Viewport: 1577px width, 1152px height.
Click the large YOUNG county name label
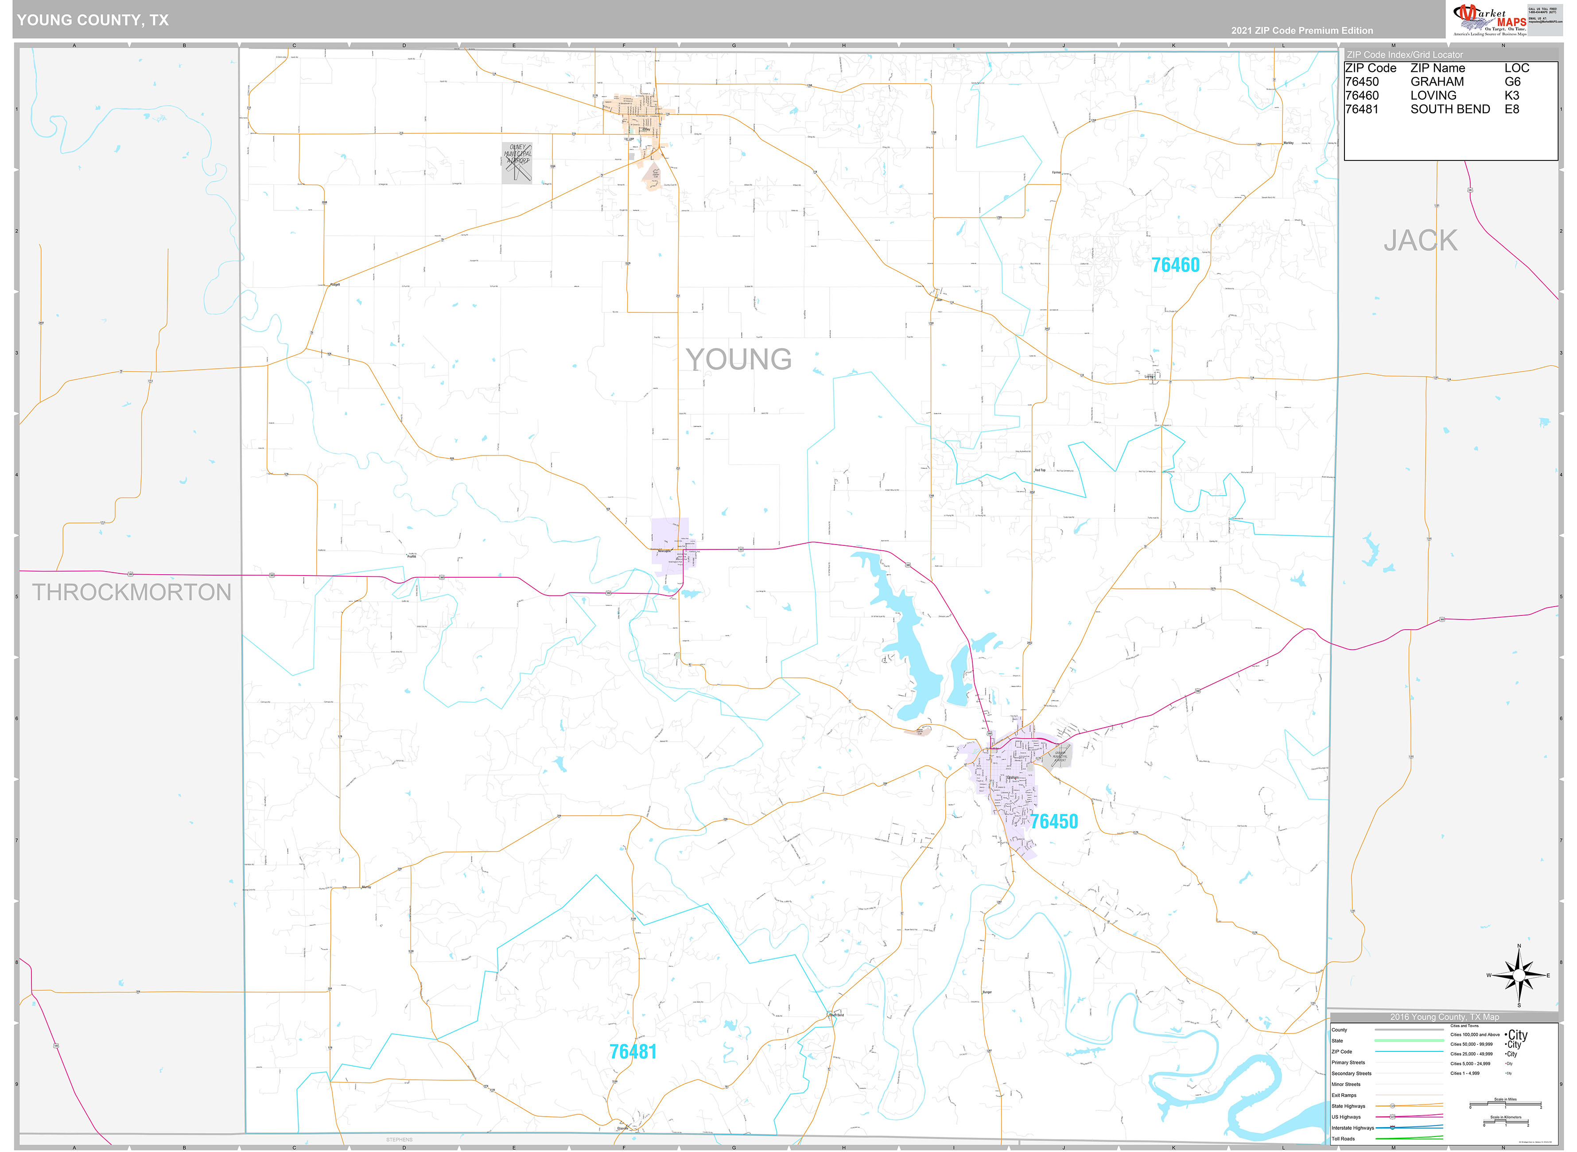(x=738, y=360)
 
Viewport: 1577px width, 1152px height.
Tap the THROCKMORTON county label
(x=132, y=592)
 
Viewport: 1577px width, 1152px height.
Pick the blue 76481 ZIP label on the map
(x=632, y=1051)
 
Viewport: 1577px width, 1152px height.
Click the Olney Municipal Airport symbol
(x=517, y=163)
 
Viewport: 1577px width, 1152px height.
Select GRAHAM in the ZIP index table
(x=1437, y=82)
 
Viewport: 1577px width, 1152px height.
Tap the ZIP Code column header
(x=1370, y=68)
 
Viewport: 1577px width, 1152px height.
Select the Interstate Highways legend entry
(x=1352, y=1128)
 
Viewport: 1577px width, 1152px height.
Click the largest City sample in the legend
(x=1517, y=1035)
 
